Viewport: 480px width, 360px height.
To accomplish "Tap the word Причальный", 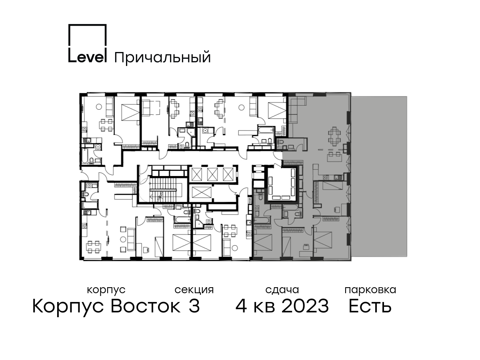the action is [162, 58].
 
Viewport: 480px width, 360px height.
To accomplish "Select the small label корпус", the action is [106, 290].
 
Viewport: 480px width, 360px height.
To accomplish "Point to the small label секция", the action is [194, 290].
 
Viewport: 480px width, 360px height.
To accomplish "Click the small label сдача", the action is [282, 290].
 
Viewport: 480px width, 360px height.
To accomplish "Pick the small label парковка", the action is [370, 290].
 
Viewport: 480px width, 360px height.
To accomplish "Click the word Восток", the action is [146, 306].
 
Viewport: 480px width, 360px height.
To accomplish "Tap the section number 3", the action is [194, 306].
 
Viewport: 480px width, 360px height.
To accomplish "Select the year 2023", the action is [305, 306].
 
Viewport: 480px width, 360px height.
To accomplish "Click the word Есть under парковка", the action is [370, 306].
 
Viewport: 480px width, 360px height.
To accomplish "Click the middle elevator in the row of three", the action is [212, 174].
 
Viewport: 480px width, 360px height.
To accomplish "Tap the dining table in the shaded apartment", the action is [334, 136].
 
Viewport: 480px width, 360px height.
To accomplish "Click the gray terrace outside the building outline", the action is [380, 176].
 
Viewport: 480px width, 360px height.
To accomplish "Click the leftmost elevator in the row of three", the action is [196, 174].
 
